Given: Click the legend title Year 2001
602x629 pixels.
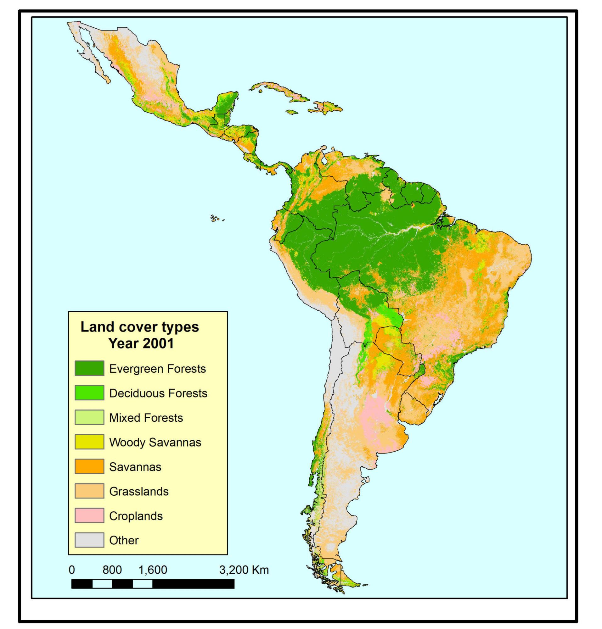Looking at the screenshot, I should point(141,343).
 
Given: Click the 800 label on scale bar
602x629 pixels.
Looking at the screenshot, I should point(112,570).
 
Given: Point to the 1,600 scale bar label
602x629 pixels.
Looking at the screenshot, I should point(153,570).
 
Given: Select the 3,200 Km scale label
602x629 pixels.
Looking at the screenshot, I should point(244,570).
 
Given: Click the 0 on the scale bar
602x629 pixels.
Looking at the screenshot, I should point(72,570).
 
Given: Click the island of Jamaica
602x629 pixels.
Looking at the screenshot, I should point(292,112).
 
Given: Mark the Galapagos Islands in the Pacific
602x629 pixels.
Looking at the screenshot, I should point(215,219).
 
